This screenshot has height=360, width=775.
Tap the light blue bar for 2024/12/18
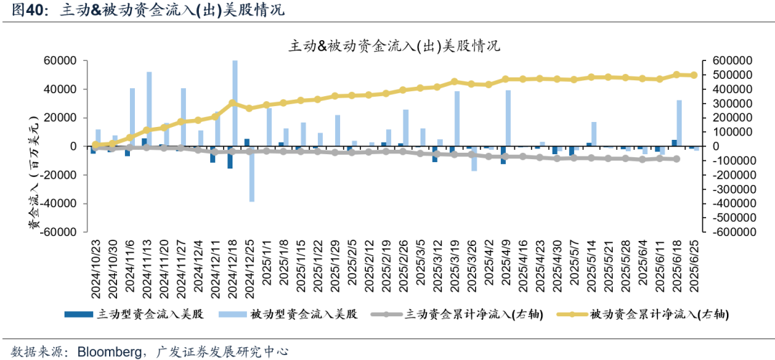(x=235, y=103)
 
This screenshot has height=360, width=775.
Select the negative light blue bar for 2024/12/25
(x=252, y=174)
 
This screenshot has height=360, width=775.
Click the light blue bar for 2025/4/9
(x=508, y=118)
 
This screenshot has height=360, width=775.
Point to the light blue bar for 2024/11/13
(x=149, y=109)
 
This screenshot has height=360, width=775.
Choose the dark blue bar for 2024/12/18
(x=230, y=157)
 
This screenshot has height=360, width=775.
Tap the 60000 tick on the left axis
(x=62, y=61)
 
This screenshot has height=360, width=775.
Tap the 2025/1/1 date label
(x=266, y=270)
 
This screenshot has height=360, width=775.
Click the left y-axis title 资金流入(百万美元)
(x=32, y=186)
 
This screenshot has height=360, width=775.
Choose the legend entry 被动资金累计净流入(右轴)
(x=661, y=314)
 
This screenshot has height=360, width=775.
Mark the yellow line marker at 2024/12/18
(x=231, y=103)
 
